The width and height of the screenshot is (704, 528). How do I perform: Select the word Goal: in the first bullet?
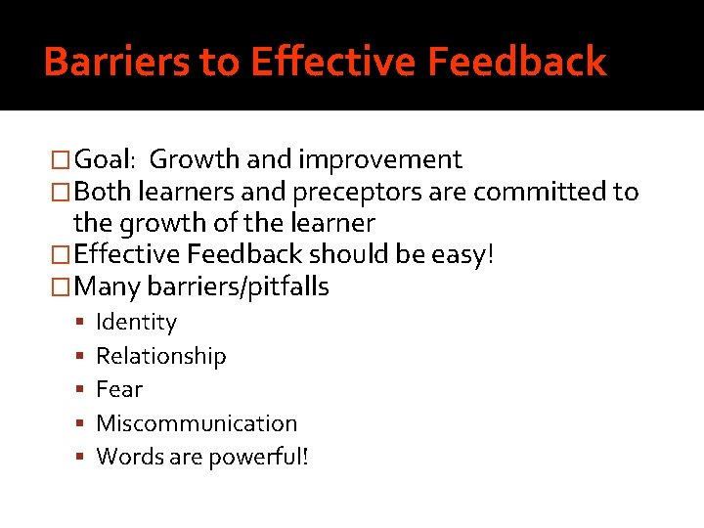(x=108, y=159)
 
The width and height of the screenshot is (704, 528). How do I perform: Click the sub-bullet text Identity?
(x=136, y=323)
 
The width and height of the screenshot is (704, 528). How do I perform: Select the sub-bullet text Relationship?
(x=160, y=356)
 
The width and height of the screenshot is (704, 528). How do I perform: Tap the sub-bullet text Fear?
(x=118, y=389)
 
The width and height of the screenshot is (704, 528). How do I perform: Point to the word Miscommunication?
(x=196, y=423)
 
